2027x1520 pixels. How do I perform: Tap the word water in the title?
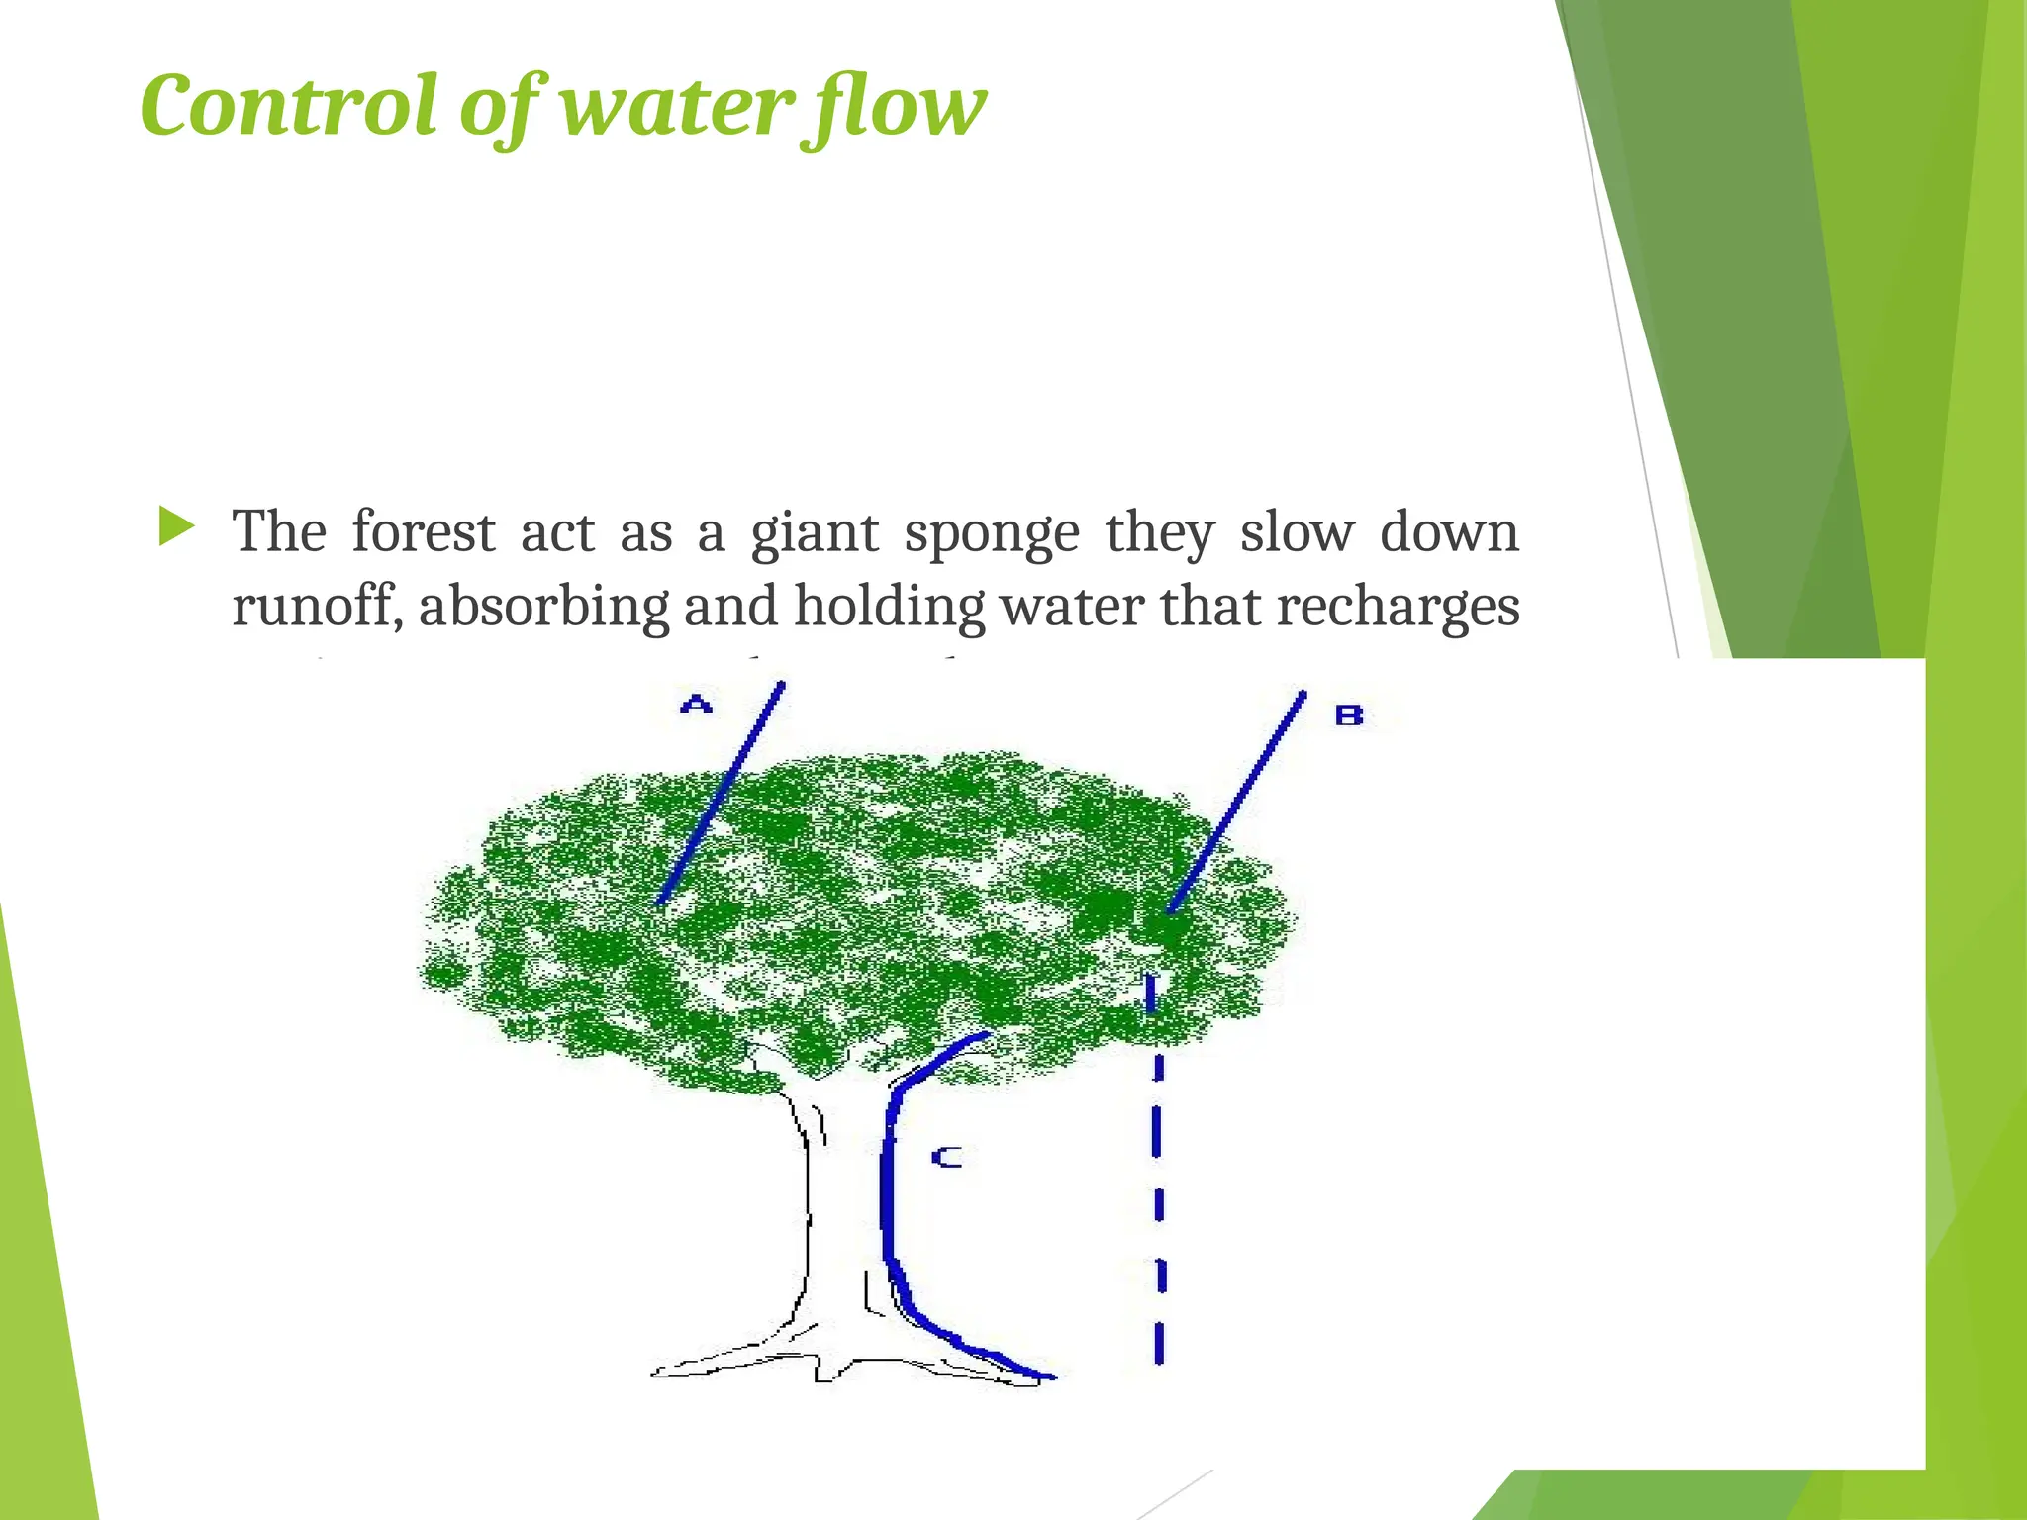coord(677,106)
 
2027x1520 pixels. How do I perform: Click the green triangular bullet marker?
coord(176,526)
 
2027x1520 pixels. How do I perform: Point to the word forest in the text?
coord(424,532)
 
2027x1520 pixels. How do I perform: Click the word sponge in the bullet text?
coord(991,534)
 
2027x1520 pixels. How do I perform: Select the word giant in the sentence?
coord(814,534)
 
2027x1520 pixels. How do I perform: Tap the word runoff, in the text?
coord(317,606)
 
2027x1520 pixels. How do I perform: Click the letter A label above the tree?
coord(697,705)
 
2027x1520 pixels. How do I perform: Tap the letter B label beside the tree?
coord(1349,714)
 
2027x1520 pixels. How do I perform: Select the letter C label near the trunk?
coord(946,1156)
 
